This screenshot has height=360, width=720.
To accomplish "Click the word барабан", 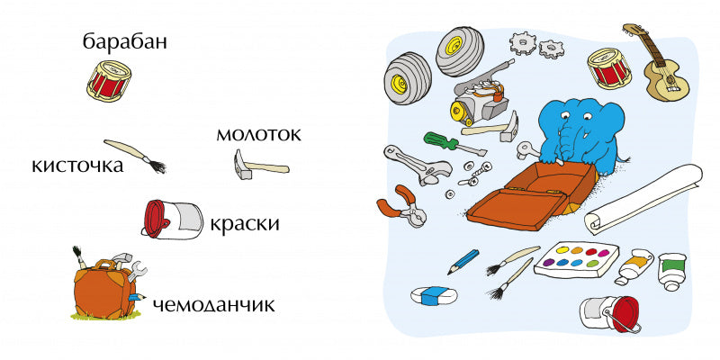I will [125, 41].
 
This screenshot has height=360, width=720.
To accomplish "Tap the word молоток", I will [257, 135].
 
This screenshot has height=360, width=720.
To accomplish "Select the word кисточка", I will [76, 166].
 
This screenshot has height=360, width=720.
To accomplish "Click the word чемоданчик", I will [214, 304].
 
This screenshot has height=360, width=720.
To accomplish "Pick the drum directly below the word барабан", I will [110, 79].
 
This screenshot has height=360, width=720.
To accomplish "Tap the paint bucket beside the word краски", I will [172, 219].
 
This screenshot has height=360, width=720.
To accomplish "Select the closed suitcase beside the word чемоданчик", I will [103, 288].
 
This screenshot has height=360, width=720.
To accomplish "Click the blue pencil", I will [464, 261].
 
